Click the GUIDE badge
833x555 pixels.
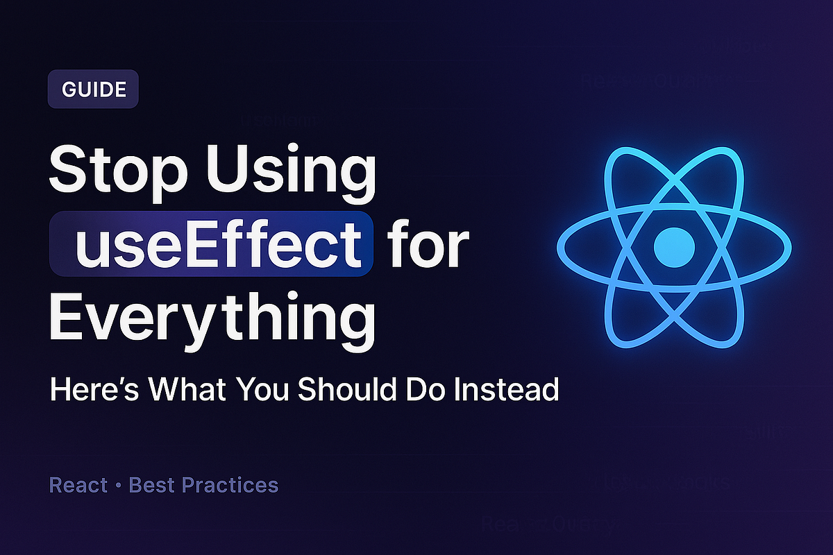click(93, 90)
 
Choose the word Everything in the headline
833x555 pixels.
click(211, 316)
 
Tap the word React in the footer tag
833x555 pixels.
click(78, 485)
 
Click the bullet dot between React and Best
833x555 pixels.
click(119, 486)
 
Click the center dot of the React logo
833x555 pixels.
click(674, 245)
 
